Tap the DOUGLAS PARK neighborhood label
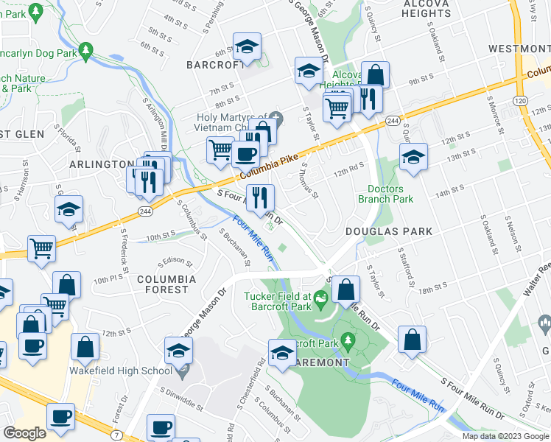pos(389,231)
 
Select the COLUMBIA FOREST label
pos(166,284)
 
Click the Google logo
pos(24,433)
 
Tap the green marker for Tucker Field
pos(320,299)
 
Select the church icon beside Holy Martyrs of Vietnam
pos(275,116)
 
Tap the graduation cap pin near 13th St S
pos(413,158)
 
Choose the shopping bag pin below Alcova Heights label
pos(375,76)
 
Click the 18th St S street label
pos(433,284)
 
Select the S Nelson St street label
pos(508,229)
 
